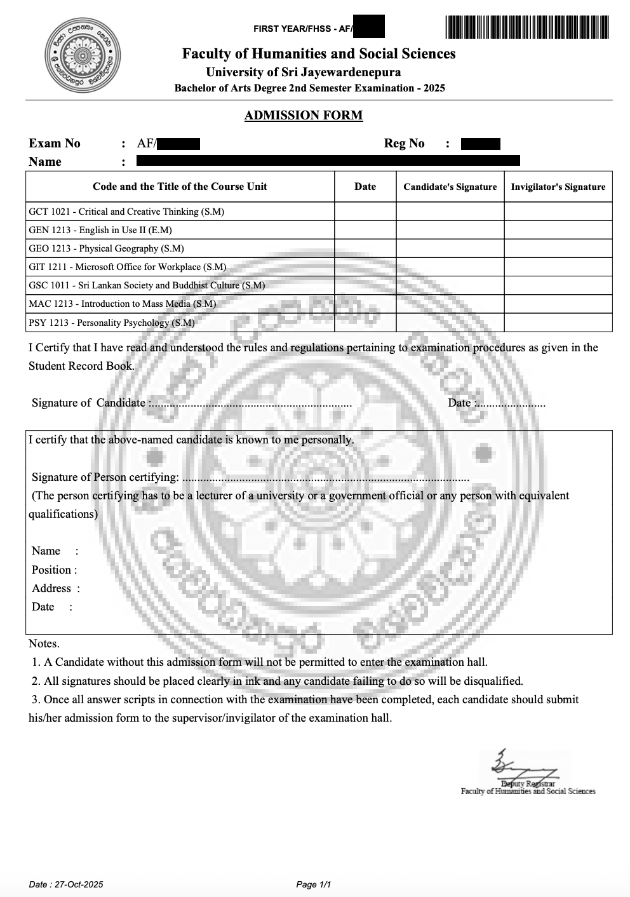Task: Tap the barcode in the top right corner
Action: (x=526, y=28)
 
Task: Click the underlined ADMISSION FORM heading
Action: (x=304, y=116)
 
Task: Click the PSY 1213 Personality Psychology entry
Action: (x=112, y=323)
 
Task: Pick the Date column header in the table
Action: (x=365, y=187)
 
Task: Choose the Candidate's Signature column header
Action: (x=450, y=187)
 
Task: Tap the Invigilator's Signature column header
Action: (x=558, y=187)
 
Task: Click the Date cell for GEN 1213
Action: (x=365, y=230)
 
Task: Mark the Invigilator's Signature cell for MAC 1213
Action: (x=558, y=304)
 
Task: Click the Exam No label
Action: (x=55, y=144)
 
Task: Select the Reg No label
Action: (x=404, y=144)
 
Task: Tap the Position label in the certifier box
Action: (x=54, y=570)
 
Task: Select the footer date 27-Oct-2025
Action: (x=66, y=884)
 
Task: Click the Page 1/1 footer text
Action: (x=314, y=884)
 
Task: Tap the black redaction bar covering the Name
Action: (x=328, y=161)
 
